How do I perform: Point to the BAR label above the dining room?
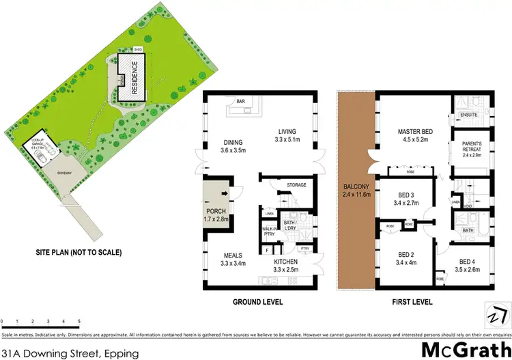pyautogui.click(x=240, y=102)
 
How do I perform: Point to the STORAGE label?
pyautogui.click(x=296, y=185)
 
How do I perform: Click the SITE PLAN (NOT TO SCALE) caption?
pyautogui.click(x=79, y=253)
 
